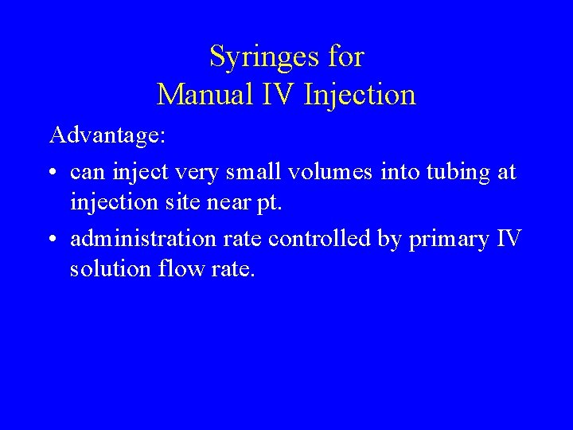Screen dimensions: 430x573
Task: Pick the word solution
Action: point(111,269)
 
